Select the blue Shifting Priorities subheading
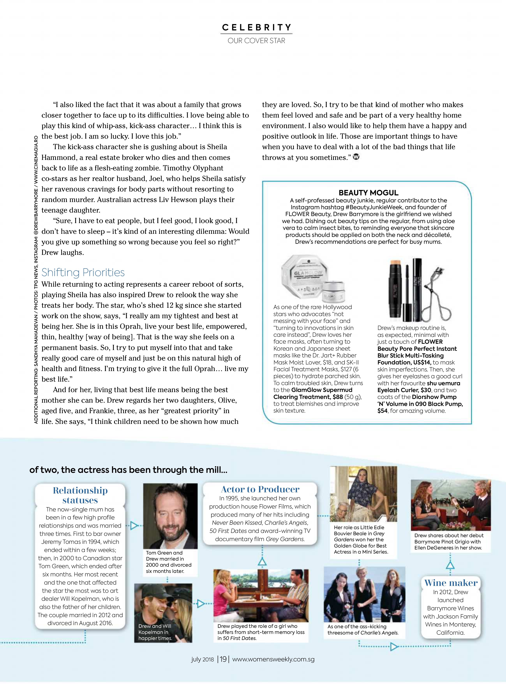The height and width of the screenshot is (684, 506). click(x=83, y=272)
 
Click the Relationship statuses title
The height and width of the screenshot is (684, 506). click(x=80, y=495)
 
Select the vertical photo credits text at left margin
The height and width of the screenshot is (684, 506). click(x=36, y=279)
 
